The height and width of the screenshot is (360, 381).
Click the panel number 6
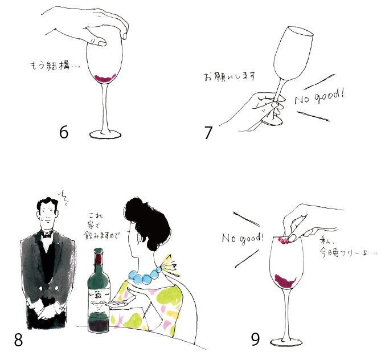[x=64, y=133]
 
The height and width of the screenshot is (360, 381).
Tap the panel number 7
[x=208, y=133]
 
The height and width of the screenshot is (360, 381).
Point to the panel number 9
[x=255, y=339]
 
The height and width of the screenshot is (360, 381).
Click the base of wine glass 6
[x=105, y=134]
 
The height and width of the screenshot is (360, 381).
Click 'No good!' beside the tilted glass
[x=319, y=97]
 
